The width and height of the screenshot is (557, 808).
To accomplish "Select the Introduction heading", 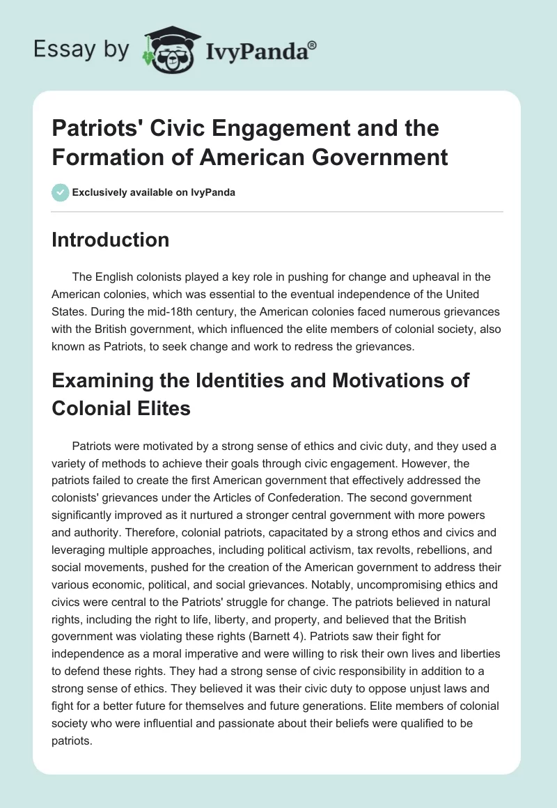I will [x=111, y=240].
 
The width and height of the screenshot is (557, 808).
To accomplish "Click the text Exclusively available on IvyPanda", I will [x=152, y=192].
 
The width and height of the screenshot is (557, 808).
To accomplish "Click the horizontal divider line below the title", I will [x=278, y=211].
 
